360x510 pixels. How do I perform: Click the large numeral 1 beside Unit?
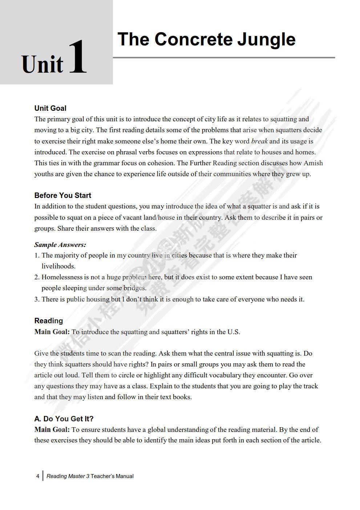[x=77, y=57]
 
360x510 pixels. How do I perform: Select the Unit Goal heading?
[x=50, y=108]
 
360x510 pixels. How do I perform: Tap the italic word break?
[x=259, y=141]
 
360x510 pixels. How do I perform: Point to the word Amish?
[x=313, y=163]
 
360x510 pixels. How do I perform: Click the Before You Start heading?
[x=62, y=195]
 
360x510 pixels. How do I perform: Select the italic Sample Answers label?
[x=60, y=245]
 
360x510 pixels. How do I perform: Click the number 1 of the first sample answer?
[x=37, y=255]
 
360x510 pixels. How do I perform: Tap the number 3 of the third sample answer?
[x=37, y=299]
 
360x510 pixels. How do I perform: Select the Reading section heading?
[x=48, y=321]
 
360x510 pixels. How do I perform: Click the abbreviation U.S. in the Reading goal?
[x=233, y=332]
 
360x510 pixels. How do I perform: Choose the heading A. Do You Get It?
[x=64, y=419]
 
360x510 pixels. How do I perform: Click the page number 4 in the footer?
[x=37, y=476]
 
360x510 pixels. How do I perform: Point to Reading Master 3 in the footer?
[x=68, y=476]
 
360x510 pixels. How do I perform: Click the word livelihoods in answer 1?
[x=58, y=266]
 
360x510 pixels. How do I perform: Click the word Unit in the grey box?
[x=43, y=65]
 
